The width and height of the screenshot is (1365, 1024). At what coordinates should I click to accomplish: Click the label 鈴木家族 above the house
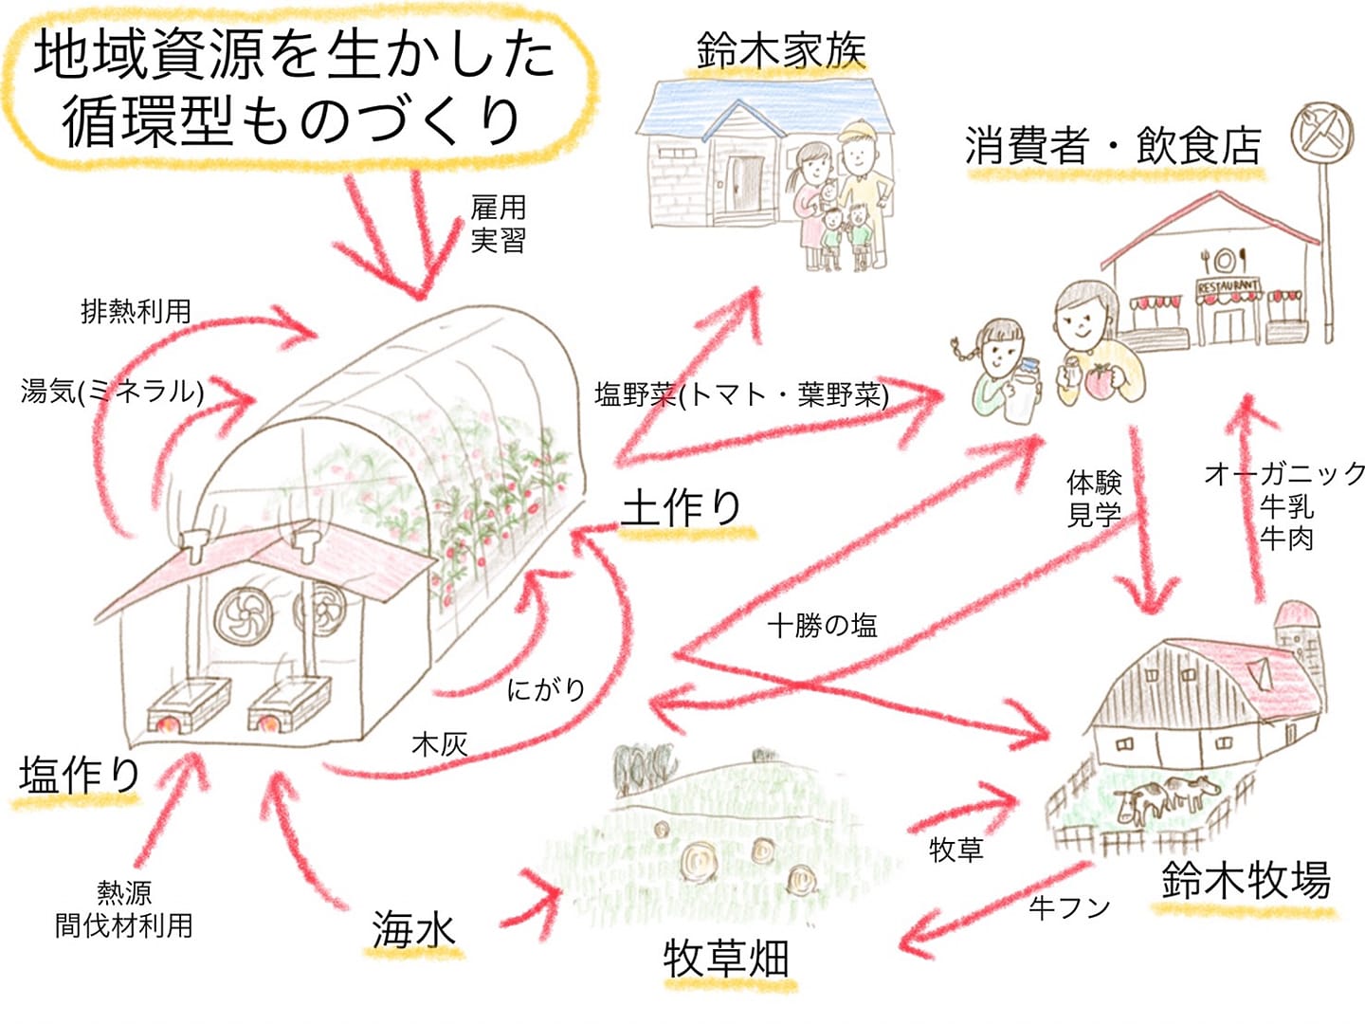coord(781,50)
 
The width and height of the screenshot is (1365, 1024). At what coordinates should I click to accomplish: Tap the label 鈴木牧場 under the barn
coord(1246,879)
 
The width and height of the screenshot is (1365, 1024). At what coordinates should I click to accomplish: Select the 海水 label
coord(413,929)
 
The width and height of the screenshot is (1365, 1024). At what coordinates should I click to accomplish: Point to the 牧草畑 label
coord(726,958)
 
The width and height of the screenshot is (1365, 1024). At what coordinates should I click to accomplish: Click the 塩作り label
coord(80,775)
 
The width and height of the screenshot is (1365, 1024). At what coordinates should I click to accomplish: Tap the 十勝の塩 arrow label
coord(822,625)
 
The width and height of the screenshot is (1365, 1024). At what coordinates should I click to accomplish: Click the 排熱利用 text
coord(136,312)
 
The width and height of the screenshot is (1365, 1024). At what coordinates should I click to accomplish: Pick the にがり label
coord(546,689)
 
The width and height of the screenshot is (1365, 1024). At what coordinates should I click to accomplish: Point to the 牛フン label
coord(1069,907)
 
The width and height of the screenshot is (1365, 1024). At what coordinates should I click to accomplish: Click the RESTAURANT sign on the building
coord(1228,286)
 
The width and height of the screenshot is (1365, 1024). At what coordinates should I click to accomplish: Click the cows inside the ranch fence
coord(1167,799)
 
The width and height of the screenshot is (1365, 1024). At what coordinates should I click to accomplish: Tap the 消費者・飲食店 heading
coord(1113,146)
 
